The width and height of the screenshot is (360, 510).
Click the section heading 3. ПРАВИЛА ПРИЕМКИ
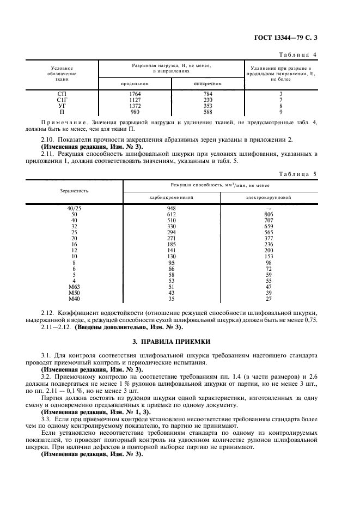[180, 342]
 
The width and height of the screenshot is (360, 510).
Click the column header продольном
[135, 83]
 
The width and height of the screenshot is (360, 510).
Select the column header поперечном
[208, 83]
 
